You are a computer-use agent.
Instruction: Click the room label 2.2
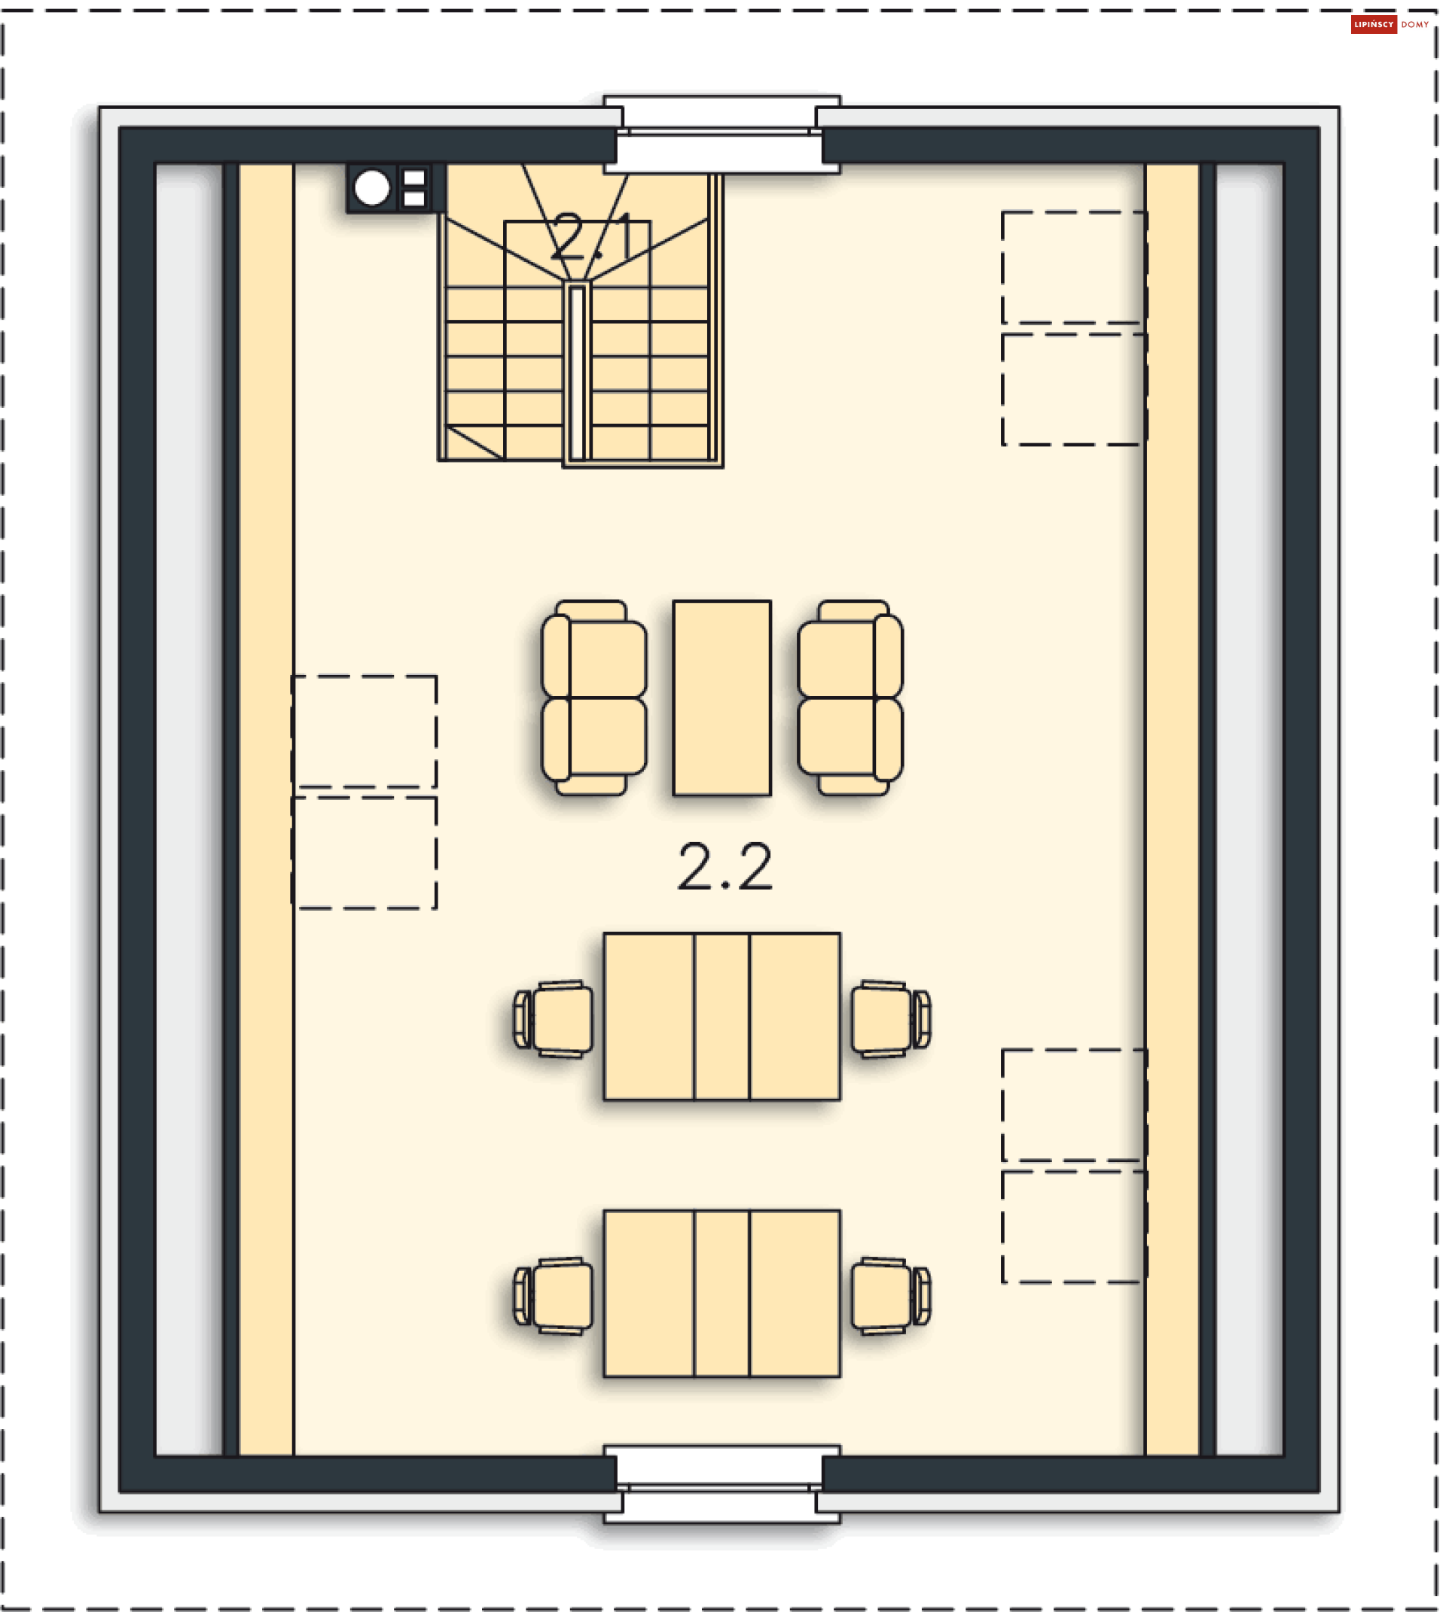725,866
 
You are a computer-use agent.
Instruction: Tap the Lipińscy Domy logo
1390,25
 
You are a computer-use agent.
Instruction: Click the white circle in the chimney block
372,188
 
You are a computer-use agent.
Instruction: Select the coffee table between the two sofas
721,697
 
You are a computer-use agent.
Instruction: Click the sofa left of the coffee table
593,697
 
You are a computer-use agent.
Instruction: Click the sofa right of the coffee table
850,697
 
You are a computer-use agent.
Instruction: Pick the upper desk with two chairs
721,1017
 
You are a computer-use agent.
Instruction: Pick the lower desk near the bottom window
721,1294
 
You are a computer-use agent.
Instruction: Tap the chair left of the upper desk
553,1019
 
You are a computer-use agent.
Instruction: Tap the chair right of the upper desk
891,1019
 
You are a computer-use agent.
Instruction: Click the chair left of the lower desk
553,1296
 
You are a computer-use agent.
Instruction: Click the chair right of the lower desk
891,1296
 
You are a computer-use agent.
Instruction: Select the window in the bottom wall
721,1483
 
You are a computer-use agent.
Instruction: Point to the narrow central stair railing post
578,372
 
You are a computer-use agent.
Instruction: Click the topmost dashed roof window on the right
1074,268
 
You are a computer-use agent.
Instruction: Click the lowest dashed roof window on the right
1074,1227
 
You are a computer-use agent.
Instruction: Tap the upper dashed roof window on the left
365,731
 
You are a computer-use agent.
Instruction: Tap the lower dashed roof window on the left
365,853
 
